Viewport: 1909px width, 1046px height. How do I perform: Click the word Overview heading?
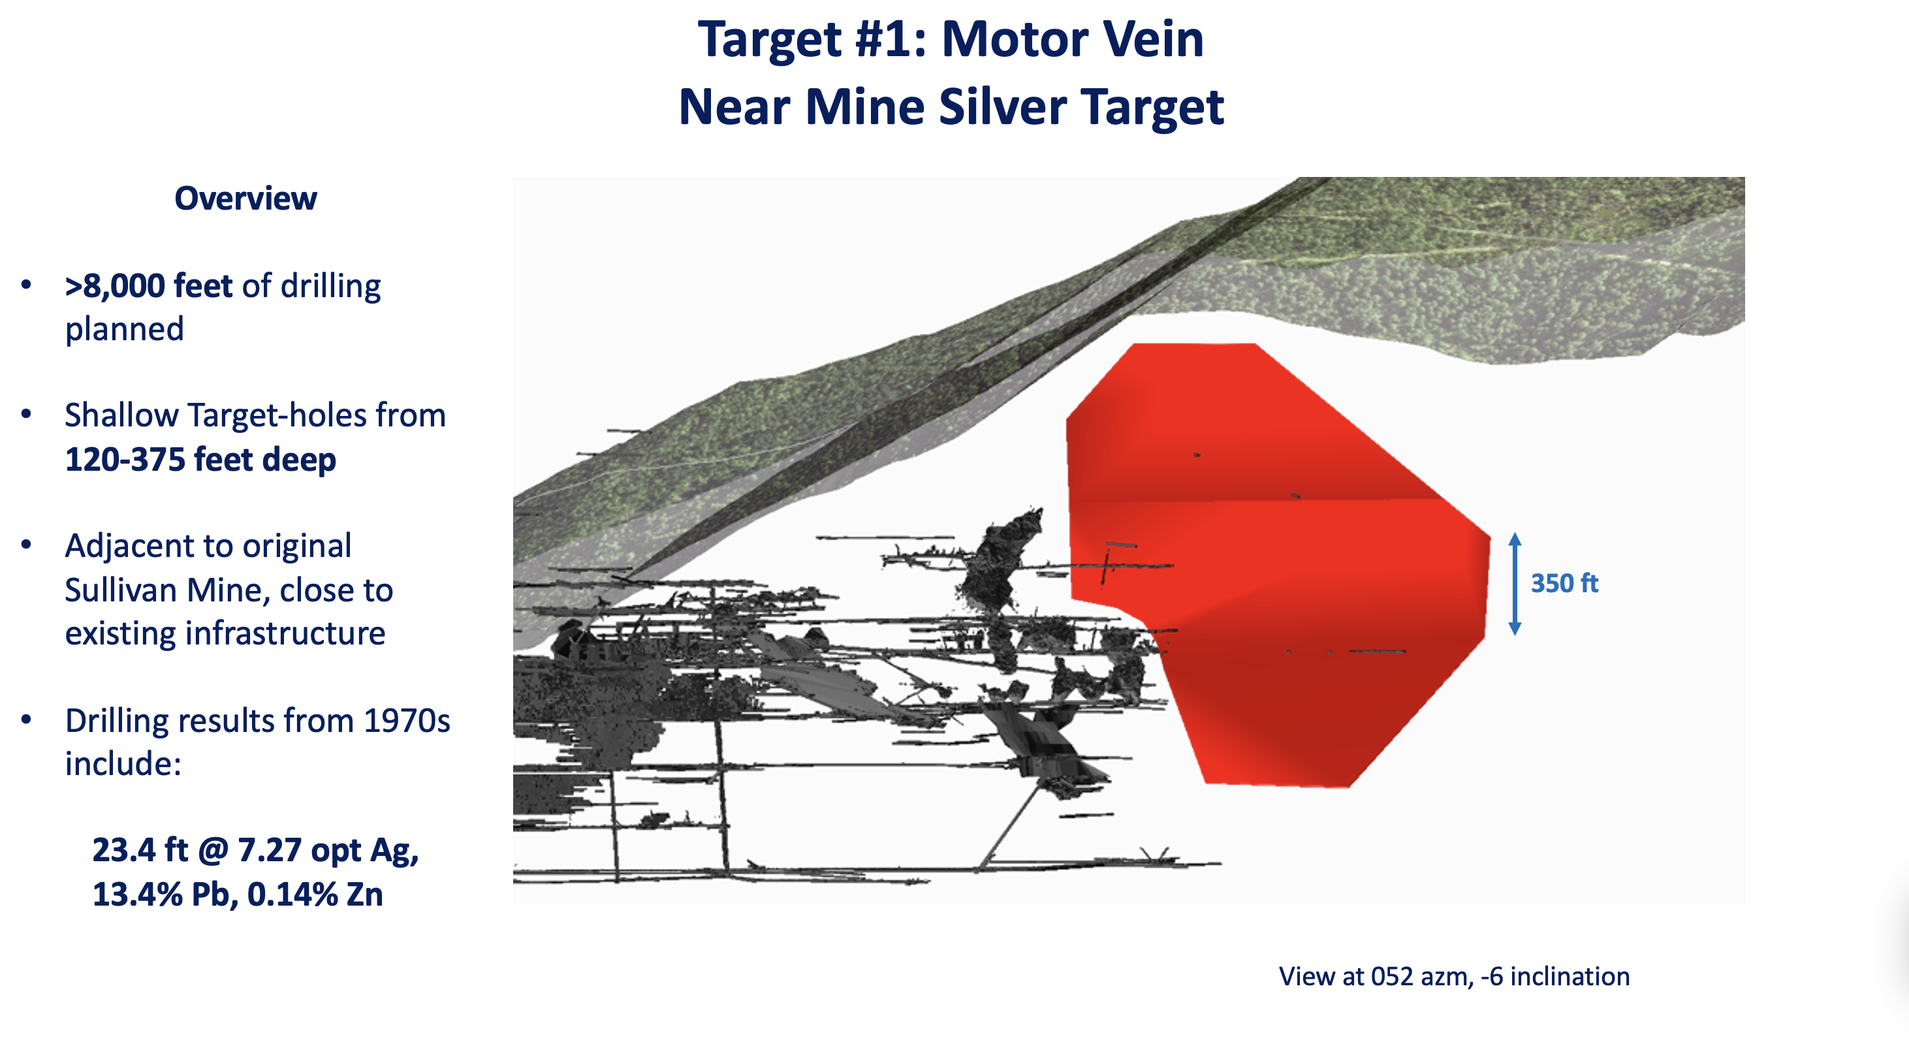pyautogui.click(x=245, y=198)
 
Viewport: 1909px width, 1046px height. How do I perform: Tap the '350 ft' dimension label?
pyautogui.click(x=1564, y=584)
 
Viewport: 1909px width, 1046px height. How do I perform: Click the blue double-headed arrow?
pyautogui.click(x=1515, y=584)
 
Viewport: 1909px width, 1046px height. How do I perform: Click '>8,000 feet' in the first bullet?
pyautogui.click(x=148, y=286)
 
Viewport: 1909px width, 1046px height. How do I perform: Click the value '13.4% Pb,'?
pyautogui.click(x=165, y=895)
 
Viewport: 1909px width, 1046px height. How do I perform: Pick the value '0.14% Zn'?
pyautogui.click(x=315, y=895)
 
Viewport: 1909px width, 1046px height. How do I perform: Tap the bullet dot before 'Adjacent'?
pyautogui.click(x=27, y=546)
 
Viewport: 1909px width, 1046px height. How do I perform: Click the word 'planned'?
pyautogui.click(x=125, y=330)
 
